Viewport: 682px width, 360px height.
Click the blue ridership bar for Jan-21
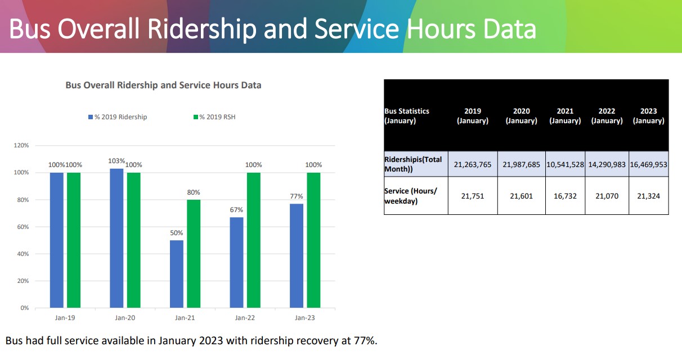click(177, 274)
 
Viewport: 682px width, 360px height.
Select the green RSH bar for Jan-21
click(194, 254)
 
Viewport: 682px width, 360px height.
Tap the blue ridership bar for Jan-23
click(297, 256)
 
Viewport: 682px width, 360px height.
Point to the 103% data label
click(116, 161)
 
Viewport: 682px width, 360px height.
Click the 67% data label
click(237, 210)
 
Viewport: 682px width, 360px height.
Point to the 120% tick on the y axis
click(21, 146)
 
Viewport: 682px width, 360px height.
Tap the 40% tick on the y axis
click(23, 254)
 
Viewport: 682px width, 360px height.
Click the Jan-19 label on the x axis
click(65, 318)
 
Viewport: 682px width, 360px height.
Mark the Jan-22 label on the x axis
click(245, 318)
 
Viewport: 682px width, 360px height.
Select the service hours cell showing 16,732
click(565, 196)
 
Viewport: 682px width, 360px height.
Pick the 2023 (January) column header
click(648, 116)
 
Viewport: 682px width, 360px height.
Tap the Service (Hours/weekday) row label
click(411, 196)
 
